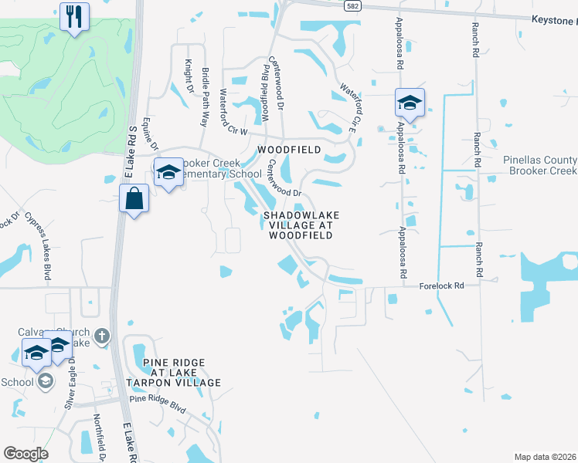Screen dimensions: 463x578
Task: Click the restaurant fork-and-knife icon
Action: [74, 18]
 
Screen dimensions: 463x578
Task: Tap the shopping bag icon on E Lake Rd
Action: [134, 198]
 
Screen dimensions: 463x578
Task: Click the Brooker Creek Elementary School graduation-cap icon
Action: [167, 172]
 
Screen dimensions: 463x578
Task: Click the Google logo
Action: [25, 454]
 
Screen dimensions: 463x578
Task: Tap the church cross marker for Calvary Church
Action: [104, 336]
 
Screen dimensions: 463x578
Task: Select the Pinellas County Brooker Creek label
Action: [539, 165]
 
